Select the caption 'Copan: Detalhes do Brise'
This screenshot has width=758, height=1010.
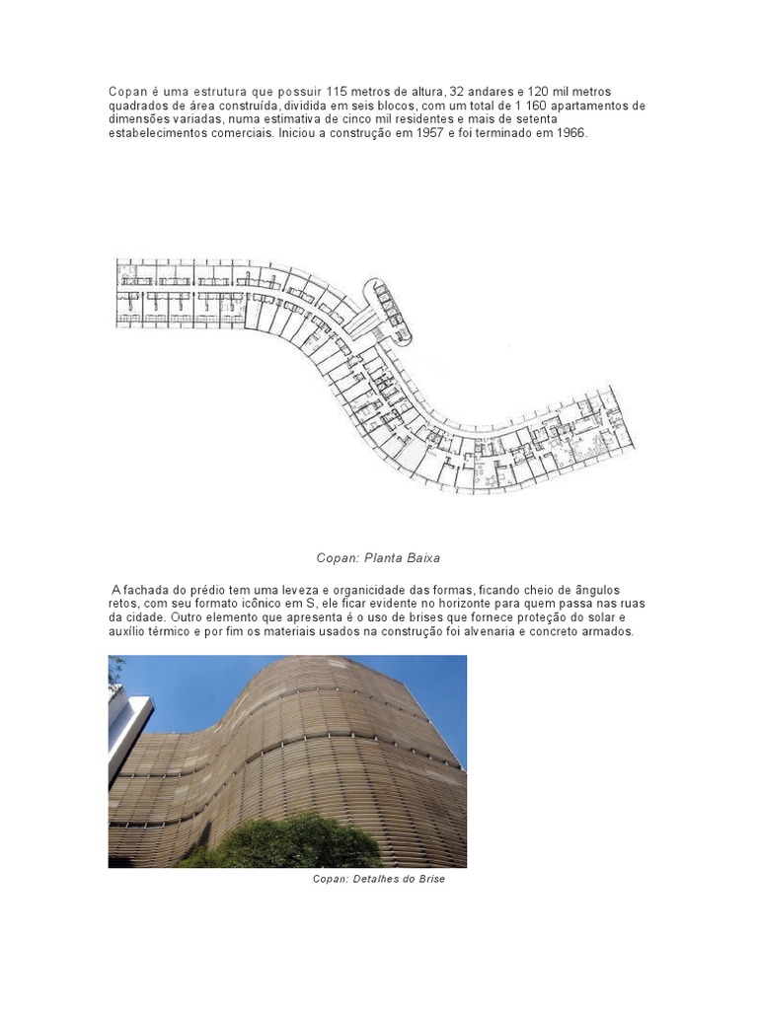click(379, 878)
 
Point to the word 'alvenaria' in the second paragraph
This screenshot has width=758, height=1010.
click(486, 631)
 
